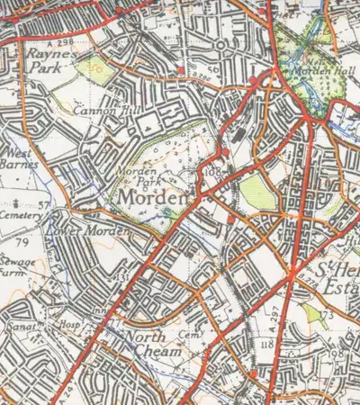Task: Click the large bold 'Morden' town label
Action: [150, 197]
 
